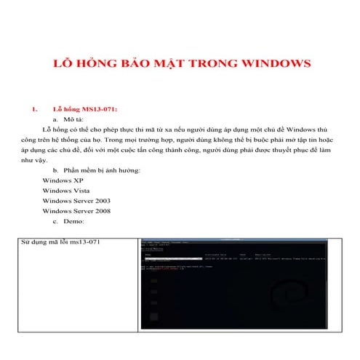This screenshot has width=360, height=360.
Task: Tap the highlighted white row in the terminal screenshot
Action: click(172, 257)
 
